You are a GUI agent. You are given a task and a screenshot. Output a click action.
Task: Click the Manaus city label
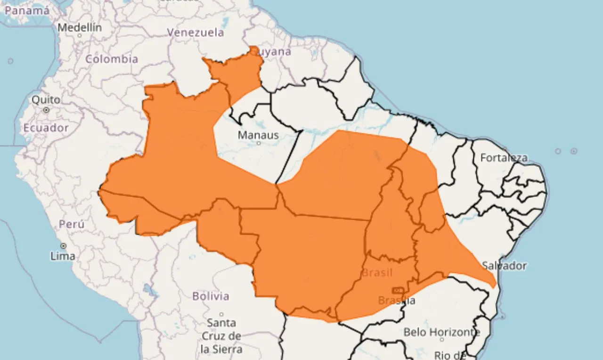pyautogui.click(x=258, y=135)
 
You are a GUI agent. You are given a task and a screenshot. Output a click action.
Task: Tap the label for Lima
pyautogui.click(x=63, y=256)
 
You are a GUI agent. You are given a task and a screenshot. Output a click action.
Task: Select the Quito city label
pyautogui.click(x=46, y=100)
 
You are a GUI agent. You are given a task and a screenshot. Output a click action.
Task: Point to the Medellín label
pyautogui.click(x=80, y=27)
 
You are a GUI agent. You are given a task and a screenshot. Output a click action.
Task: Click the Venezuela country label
pyautogui.click(x=196, y=33)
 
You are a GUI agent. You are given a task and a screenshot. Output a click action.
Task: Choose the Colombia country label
pyautogui.click(x=112, y=59)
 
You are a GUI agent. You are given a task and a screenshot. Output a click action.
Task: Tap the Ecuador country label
pyautogui.click(x=46, y=128)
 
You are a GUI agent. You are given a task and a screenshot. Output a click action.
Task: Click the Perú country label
pyautogui.click(x=72, y=224)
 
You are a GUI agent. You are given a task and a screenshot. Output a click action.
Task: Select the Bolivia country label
pyautogui.click(x=211, y=296)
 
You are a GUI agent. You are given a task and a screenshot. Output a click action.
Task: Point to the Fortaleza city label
pyautogui.click(x=504, y=158)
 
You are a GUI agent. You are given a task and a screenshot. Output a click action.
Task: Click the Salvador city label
pyautogui.click(x=505, y=266)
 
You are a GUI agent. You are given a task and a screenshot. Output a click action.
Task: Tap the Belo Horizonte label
pyautogui.click(x=442, y=332)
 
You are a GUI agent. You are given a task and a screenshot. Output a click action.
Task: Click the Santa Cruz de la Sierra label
pyautogui.click(x=221, y=336)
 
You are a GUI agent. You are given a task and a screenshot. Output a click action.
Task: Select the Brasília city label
pyautogui.click(x=397, y=300)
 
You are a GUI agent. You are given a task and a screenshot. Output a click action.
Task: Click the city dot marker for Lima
pyautogui.click(x=63, y=246)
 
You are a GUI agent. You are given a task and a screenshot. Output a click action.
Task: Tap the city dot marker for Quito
pyautogui.click(x=46, y=110)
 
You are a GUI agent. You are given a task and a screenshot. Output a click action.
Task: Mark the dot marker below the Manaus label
pyautogui.click(x=258, y=143)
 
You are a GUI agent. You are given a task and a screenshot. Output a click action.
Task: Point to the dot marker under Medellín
pyautogui.click(x=80, y=35)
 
